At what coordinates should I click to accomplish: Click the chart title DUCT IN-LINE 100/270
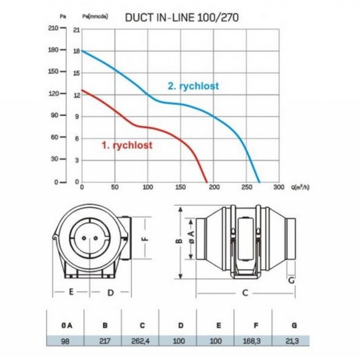pos(182,18)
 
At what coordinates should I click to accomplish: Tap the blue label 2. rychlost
pos(193,86)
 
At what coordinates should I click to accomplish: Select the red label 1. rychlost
pos(127,145)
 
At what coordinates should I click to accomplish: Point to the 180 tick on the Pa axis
pos(53,50)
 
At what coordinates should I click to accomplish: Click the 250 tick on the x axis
pos(247,187)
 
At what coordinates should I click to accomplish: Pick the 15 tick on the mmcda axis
pos(76,73)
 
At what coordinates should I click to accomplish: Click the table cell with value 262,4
pos(140,341)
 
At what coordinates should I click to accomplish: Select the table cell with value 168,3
pos(252,341)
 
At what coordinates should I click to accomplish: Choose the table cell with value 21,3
pos(291,341)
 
